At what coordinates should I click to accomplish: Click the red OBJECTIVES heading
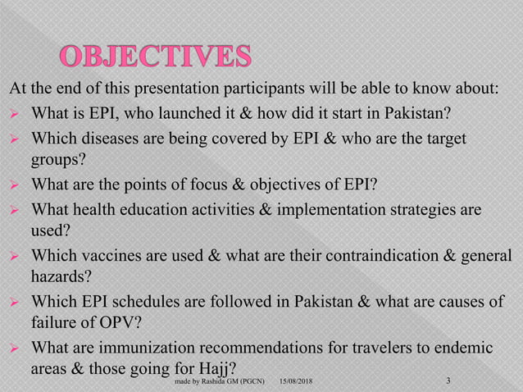(x=155, y=57)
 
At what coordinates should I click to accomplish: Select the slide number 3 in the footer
(x=448, y=381)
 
